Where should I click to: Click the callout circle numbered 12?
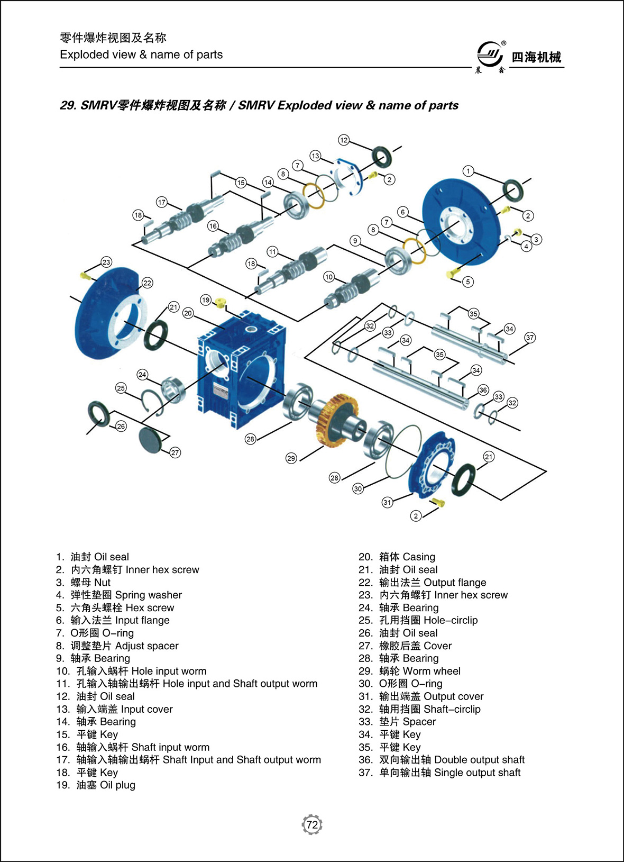344,140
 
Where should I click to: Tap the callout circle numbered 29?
291,458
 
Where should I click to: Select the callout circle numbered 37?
530,338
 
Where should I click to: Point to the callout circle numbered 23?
106,262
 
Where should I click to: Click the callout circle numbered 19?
206,300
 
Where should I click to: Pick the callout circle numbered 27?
175,452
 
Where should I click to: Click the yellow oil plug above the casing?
221,303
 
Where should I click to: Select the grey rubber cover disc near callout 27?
152,440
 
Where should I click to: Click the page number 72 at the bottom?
312,824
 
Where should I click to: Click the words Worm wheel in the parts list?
432,671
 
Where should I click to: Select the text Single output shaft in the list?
477,773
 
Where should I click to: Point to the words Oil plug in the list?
117,785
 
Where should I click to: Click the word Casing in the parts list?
419,557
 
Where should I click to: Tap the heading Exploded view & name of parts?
141,55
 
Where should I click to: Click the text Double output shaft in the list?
479,760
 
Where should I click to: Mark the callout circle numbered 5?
467,282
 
